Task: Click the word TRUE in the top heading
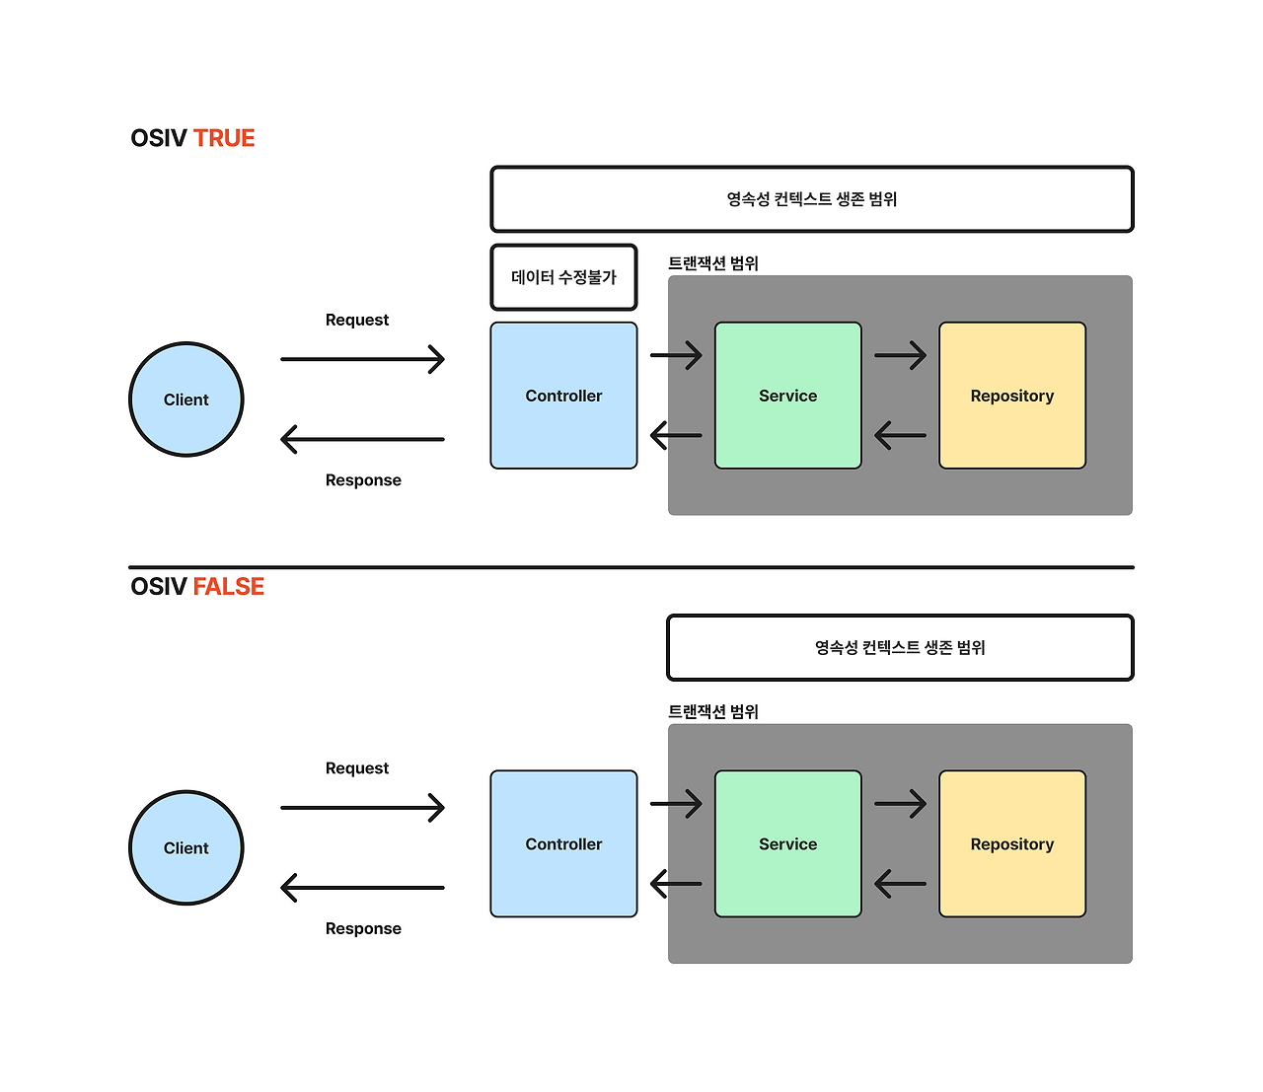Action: (224, 138)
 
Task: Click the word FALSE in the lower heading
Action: (228, 587)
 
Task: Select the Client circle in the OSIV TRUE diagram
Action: (186, 400)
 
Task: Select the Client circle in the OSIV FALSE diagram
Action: (186, 848)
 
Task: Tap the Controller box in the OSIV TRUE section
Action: (563, 396)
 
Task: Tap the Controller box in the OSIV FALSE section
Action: (563, 844)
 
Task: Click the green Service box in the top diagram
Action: (787, 396)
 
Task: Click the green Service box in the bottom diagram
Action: (787, 844)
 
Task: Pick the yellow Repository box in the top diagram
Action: (1012, 396)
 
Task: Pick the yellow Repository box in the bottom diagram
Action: (1012, 844)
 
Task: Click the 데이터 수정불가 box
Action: (563, 277)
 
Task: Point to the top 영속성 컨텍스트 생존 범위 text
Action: (811, 199)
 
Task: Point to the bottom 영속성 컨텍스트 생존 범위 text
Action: (900, 648)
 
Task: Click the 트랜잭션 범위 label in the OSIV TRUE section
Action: (713, 263)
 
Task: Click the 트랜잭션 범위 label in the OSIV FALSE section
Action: (713, 711)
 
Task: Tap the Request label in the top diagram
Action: (356, 320)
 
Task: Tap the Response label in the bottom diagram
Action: (363, 928)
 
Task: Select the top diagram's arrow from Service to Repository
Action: (900, 355)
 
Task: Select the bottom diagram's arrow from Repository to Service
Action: (900, 883)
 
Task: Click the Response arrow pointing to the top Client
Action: (362, 439)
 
